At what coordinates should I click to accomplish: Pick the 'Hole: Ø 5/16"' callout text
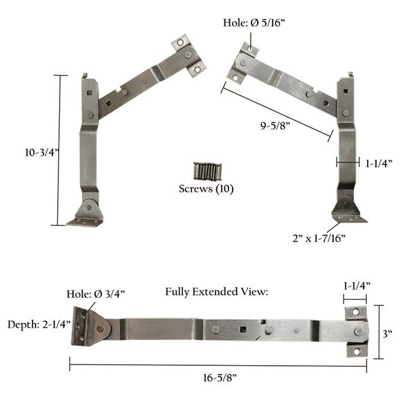click(x=254, y=22)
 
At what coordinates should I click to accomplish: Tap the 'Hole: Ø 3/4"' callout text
click(x=95, y=293)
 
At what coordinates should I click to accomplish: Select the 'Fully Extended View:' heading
click(x=217, y=292)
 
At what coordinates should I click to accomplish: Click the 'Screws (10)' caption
click(x=205, y=188)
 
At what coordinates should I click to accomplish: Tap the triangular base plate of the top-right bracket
click(x=347, y=210)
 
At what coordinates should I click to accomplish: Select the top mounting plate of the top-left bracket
click(x=188, y=55)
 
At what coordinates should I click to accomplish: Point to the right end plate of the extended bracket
click(x=355, y=332)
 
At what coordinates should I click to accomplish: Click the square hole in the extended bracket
click(x=241, y=331)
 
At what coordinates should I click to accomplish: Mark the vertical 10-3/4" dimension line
click(x=58, y=150)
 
